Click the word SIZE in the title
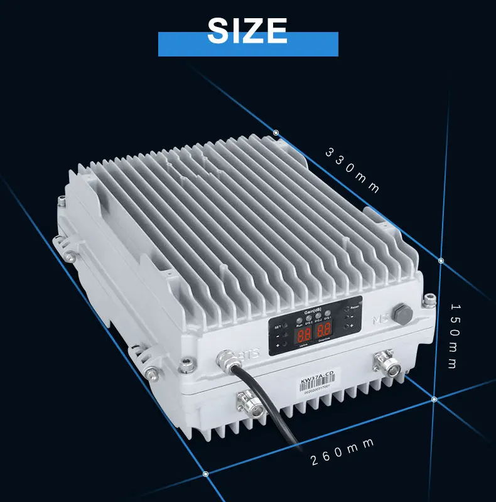click(247, 30)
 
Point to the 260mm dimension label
click(343, 452)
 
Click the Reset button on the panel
click(347, 308)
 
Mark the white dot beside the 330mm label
click(276, 132)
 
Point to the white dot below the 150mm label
click(434, 398)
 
